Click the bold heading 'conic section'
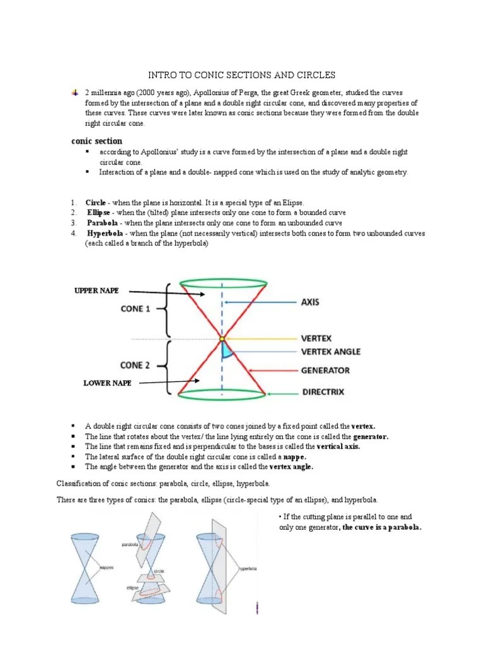97,141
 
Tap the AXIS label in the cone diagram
310,302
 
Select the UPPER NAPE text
96,290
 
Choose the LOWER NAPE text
108,382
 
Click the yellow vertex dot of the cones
221,340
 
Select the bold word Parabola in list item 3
101,223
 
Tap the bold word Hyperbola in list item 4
103,233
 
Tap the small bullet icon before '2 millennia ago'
75,92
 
